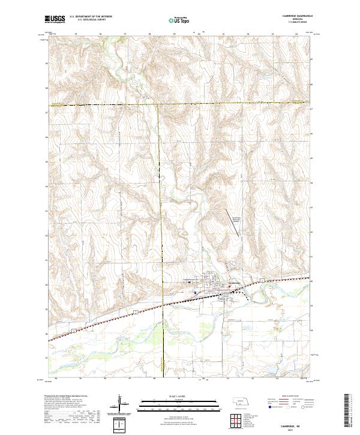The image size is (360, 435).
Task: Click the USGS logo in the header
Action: pyautogui.click(x=55, y=19)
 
